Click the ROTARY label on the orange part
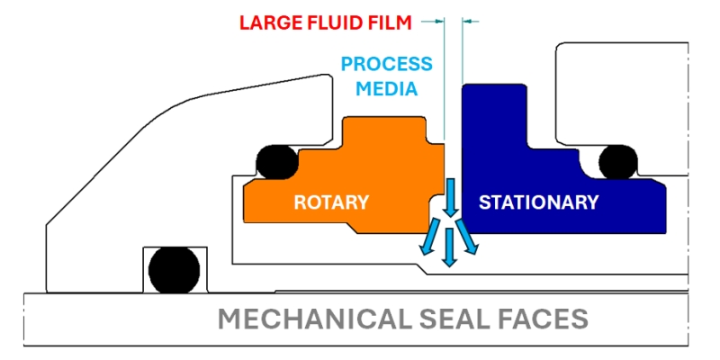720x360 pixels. [x=331, y=202]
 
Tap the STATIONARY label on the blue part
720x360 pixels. [x=538, y=202]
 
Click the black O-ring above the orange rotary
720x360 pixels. [x=273, y=161]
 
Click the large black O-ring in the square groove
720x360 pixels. [x=174, y=269]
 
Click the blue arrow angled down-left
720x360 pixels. [x=434, y=240]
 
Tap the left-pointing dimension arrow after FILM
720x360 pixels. [x=438, y=21]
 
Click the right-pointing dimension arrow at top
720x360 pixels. [x=470, y=21]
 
